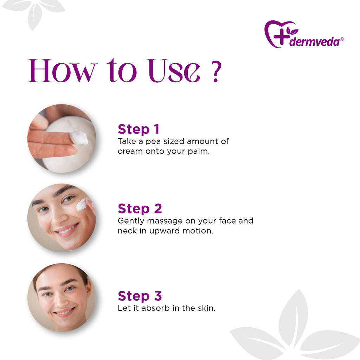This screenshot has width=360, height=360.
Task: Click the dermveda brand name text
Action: click(315, 42)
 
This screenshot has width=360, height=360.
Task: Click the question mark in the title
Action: click(216, 71)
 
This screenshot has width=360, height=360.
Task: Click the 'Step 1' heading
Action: click(139, 129)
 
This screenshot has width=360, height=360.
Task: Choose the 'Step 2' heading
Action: click(140, 208)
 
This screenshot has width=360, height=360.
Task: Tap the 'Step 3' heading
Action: click(140, 296)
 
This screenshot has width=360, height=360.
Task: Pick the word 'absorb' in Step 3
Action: click(156, 308)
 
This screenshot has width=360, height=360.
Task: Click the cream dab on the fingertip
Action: click(79, 138)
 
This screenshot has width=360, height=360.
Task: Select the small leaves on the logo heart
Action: click(292, 31)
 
